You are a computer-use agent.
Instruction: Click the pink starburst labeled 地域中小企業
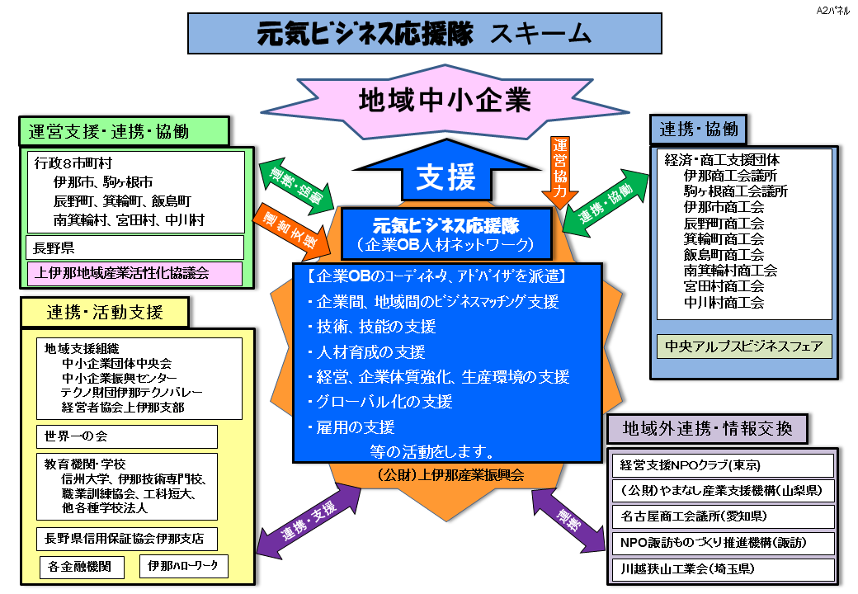444,99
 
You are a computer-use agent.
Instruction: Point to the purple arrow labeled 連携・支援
309,522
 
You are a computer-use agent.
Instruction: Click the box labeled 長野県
134,247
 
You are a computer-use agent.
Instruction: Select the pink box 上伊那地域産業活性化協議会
134,273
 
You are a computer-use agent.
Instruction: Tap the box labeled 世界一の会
126,436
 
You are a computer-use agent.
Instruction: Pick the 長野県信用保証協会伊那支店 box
126,540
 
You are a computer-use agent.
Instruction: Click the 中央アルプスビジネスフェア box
744,346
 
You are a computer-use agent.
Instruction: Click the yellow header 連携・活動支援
105,312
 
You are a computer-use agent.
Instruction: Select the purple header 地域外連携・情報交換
707,429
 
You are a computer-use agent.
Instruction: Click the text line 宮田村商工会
724,286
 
